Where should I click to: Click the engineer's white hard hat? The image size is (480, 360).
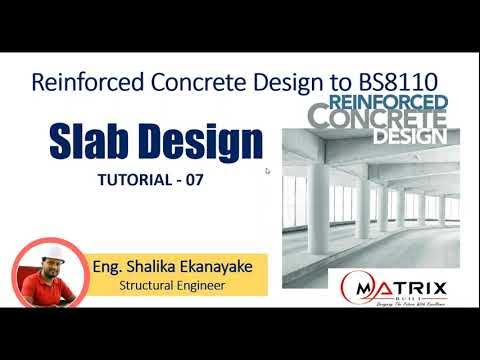pos(44,249)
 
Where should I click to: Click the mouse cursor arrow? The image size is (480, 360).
pos(267,171)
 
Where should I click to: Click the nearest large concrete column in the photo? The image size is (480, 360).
pos(318,211)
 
